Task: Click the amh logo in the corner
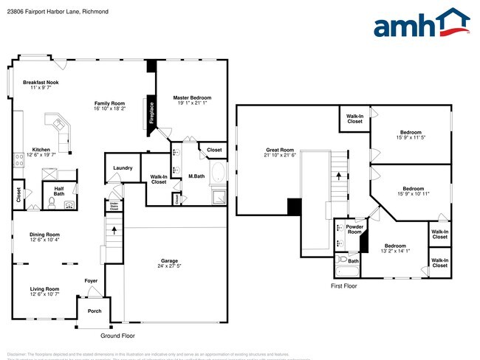(x=422, y=24)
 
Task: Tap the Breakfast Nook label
(x=41, y=83)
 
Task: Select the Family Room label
(x=109, y=103)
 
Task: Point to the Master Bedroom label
(x=192, y=97)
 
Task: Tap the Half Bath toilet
(x=52, y=201)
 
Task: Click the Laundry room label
(x=123, y=168)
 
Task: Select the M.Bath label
(x=196, y=176)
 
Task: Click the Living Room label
(x=44, y=288)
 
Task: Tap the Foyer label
(x=91, y=280)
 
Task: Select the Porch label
(x=95, y=311)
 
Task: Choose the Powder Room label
(x=355, y=229)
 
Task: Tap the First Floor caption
(x=343, y=285)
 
